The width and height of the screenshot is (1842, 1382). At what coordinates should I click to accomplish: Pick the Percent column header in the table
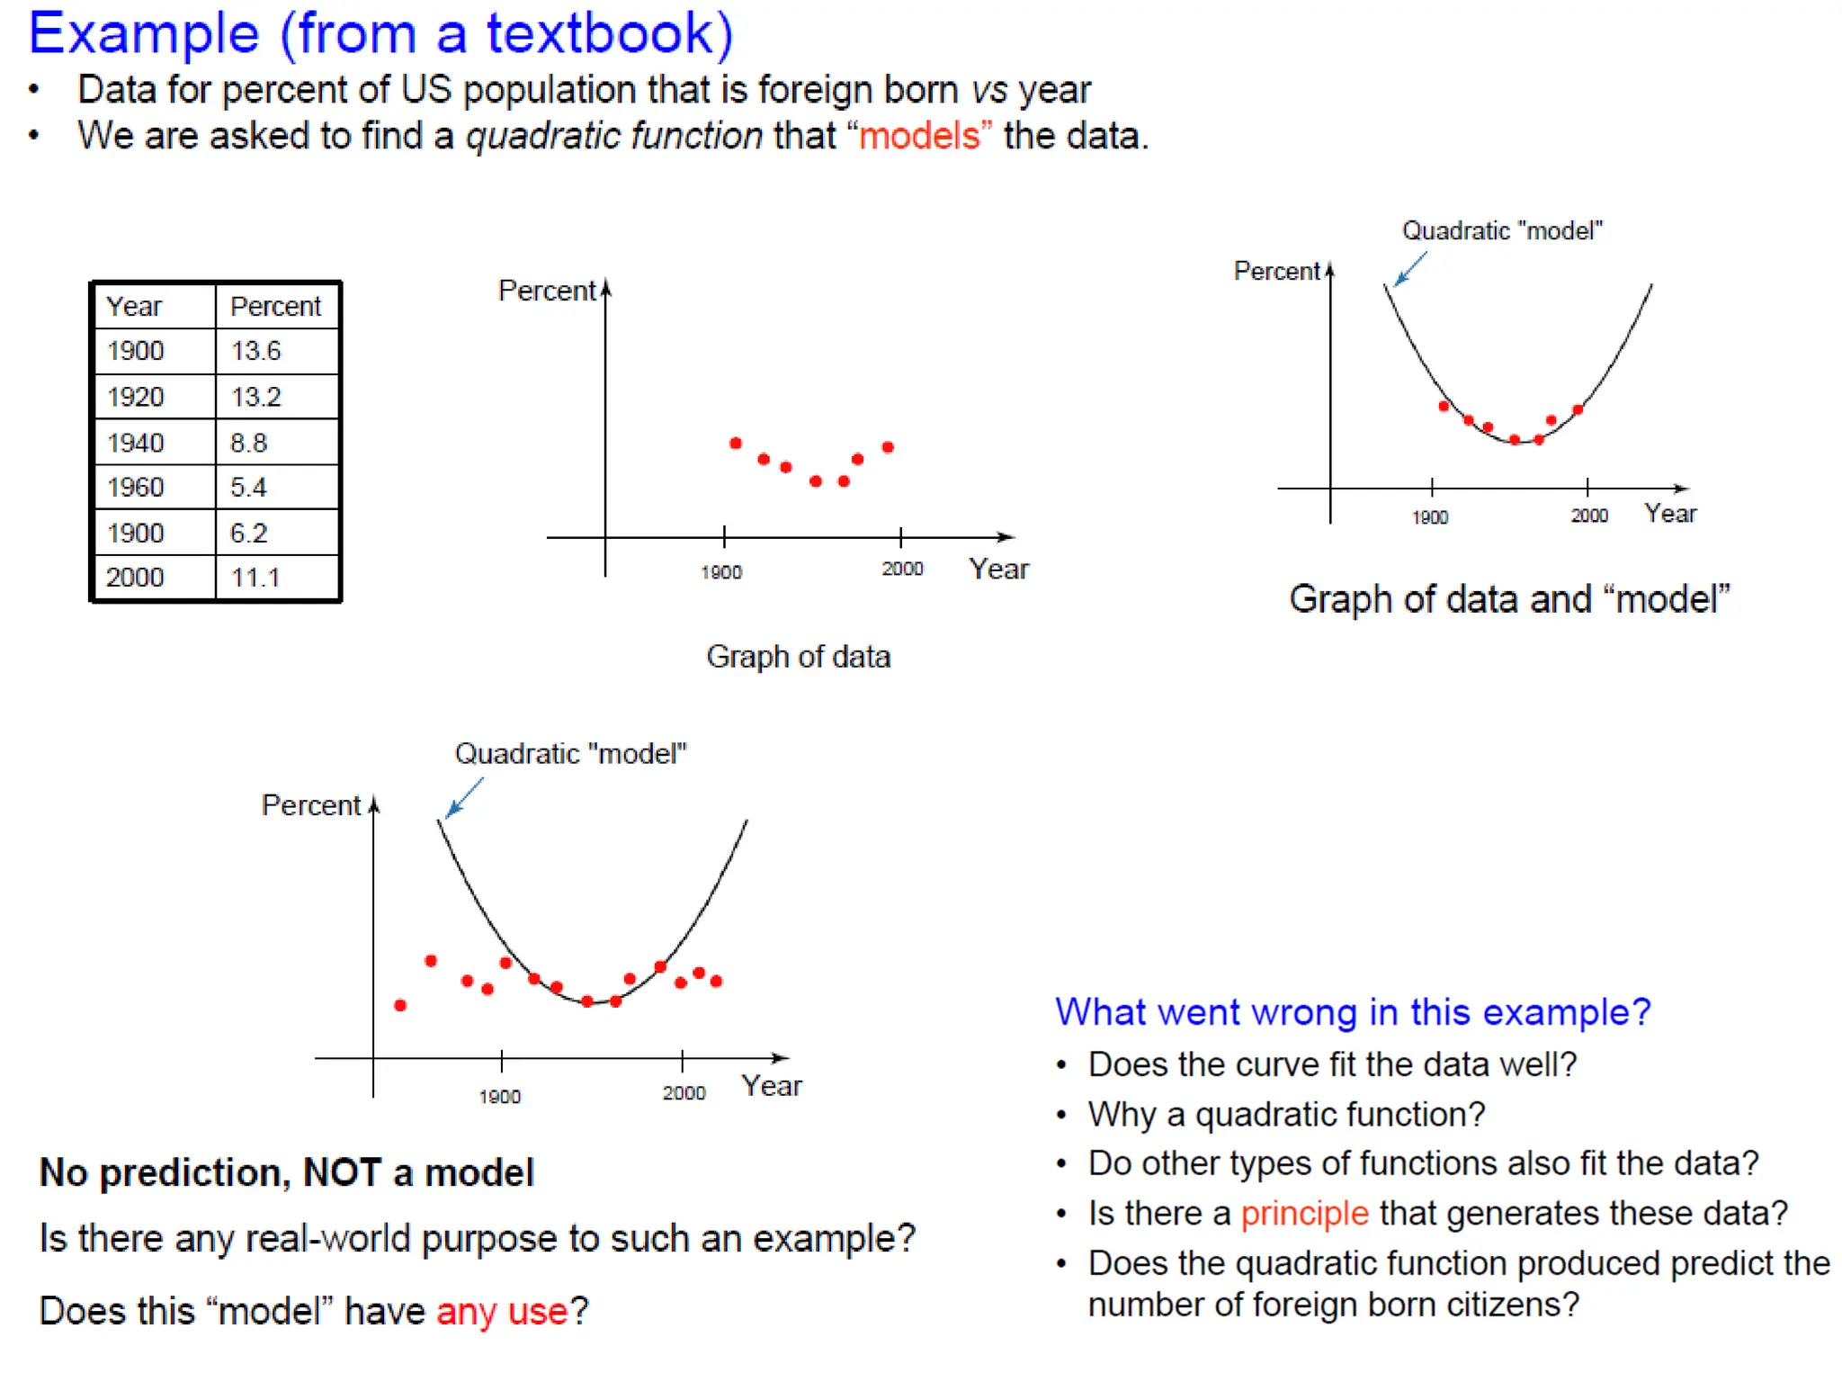pos(276,306)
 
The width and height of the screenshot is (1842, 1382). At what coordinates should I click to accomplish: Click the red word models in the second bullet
pos(918,136)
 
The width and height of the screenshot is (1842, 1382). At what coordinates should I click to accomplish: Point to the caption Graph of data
pos(798,657)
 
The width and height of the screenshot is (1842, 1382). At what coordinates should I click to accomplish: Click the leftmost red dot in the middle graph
pos(736,444)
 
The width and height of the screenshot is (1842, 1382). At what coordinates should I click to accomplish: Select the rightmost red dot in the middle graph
pos(888,447)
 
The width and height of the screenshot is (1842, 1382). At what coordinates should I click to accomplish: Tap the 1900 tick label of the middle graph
pos(721,572)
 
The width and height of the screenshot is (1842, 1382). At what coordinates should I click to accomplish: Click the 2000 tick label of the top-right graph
pos(1589,516)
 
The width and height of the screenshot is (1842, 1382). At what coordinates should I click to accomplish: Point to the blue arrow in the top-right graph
pos(1410,268)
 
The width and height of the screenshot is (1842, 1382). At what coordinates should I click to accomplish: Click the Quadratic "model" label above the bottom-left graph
pos(570,754)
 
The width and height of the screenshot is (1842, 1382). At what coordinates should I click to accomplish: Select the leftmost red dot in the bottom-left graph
pos(400,1005)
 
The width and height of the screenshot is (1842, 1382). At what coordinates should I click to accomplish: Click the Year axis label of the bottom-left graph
pos(772,1086)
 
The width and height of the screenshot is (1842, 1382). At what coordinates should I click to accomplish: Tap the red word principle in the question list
pos(1304,1214)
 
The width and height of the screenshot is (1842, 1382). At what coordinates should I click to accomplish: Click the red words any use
pos(502,1312)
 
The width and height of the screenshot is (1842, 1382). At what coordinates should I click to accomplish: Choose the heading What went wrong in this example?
pos(1353,1012)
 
